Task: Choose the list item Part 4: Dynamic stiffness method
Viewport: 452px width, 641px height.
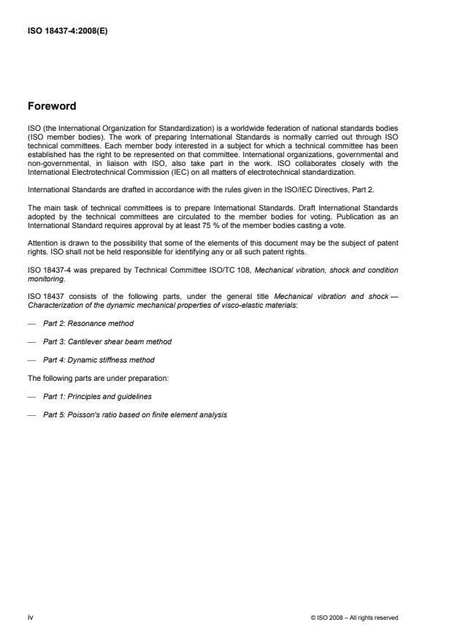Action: coord(99,360)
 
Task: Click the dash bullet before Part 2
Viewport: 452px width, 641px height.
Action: coord(31,322)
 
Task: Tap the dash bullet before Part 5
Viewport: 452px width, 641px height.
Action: coord(31,414)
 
